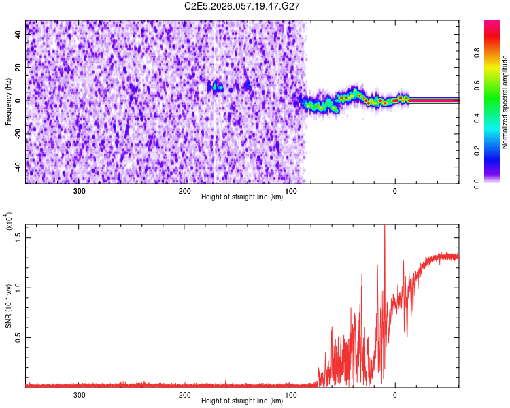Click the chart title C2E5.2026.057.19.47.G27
242,6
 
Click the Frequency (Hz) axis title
8,102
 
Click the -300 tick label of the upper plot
78,191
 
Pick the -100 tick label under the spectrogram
289,191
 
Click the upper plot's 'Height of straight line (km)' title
242,197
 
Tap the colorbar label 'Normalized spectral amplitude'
505,102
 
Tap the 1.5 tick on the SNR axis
18,237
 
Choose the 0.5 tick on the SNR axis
18,337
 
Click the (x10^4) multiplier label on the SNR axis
8,222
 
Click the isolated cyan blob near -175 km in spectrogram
217,87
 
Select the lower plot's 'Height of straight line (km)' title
242,402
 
